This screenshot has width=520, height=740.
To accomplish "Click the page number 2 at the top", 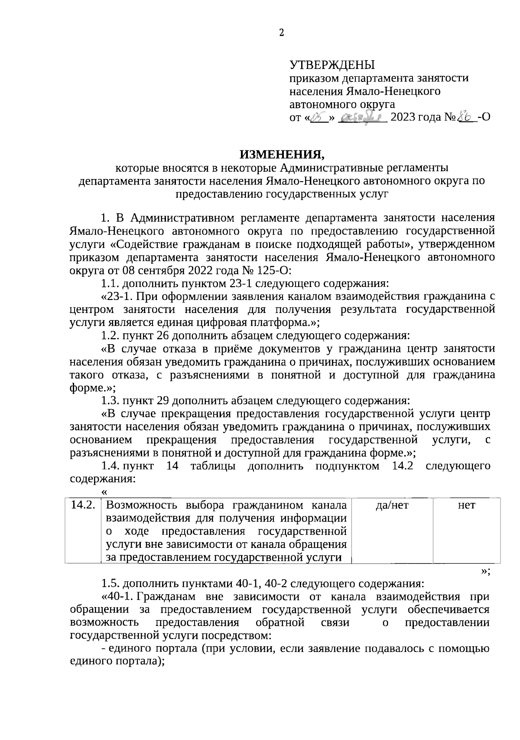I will click(x=281, y=33).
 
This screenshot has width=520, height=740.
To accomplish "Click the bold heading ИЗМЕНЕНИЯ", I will click(x=282, y=154).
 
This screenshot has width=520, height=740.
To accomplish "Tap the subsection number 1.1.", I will click(x=110, y=284).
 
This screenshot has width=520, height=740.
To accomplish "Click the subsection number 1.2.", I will click(x=110, y=336).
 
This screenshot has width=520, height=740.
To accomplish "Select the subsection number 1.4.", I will click(x=110, y=466).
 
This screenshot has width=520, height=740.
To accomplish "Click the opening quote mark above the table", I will click(x=104, y=492).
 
